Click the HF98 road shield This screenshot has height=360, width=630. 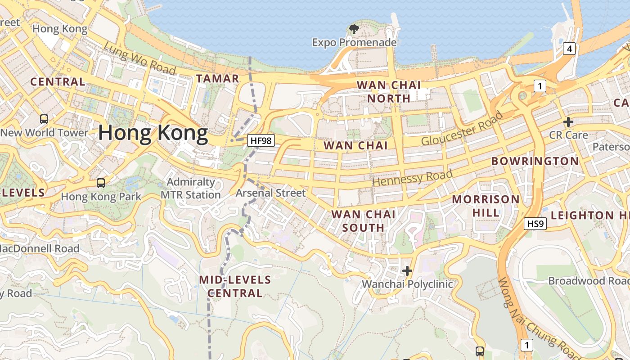(x=261, y=140)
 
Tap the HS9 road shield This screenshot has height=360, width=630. (x=535, y=223)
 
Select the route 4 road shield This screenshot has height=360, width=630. (x=569, y=49)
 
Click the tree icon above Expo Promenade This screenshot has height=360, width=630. (x=354, y=30)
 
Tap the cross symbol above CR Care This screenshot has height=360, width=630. (x=568, y=122)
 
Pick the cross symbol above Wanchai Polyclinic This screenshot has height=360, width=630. (x=407, y=271)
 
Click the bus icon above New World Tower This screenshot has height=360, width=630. (x=44, y=119)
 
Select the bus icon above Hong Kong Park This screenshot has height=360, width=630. (x=101, y=183)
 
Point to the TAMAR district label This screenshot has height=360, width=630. (x=218, y=78)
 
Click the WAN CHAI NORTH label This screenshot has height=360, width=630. (x=389, y=91)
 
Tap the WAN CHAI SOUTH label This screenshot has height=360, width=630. (x=364, y=221)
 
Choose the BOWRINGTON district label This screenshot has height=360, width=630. (x=535, y=161)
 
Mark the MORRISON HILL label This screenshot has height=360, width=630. (x=486, y=206)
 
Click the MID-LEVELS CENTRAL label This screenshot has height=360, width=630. (x=235, y=287)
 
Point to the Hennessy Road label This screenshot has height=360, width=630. (x=413, y=178)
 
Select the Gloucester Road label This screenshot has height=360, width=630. (x=462, y=129)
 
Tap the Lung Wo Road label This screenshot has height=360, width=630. (x=139, y=59)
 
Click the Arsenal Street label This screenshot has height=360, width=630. (x=271, y=193)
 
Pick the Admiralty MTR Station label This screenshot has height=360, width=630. (x=191, y=189)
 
